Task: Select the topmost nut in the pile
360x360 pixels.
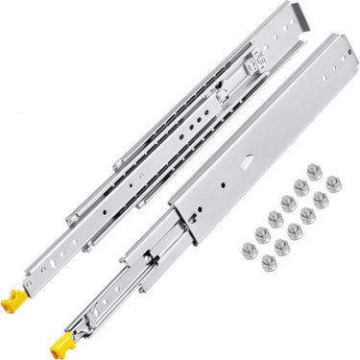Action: pyautogui.click(x=313, y=172)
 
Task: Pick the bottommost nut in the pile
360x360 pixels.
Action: pyautogui.click(x=270, y=262)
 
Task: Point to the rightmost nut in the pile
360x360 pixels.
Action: pyautogui.click(x=333, y=182)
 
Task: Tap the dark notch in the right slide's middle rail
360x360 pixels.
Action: pyautogui.click(x=152, y=263)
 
